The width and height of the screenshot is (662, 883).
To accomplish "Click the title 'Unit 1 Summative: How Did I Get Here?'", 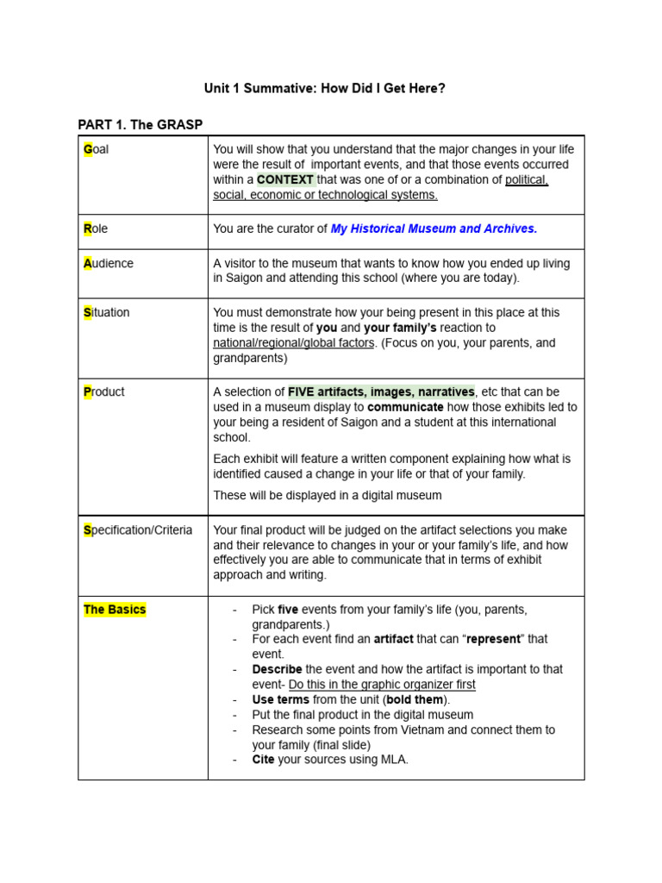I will (x=324, y=88).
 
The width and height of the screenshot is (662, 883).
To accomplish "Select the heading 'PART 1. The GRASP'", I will (x=141, y=125).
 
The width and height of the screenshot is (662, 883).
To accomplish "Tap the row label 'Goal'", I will (x=97, y=149).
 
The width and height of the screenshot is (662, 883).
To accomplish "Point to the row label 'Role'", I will (x=96, y=229).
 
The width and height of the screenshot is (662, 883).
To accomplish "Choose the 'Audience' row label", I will (x=109, y=264).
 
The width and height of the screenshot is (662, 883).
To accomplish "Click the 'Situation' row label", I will (x=107, y=313).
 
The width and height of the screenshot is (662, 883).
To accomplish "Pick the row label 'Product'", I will (x=104, y=392).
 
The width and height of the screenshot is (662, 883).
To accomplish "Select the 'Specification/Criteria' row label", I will (x=138, y=530).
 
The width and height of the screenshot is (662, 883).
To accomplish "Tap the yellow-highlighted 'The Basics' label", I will (x=115, y=610).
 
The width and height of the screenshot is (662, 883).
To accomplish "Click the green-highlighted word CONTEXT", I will (x=285, y=180).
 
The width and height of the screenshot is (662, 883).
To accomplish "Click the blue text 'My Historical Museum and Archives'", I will (x=434, y=229).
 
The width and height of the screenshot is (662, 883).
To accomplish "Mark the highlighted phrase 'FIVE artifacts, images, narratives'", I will (x=381, y=392).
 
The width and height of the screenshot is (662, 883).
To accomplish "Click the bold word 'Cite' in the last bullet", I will (x=264, y=760).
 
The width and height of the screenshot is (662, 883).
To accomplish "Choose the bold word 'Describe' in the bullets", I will (x=277, y=669).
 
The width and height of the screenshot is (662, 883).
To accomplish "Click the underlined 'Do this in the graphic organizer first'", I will (x=382, y=685).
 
